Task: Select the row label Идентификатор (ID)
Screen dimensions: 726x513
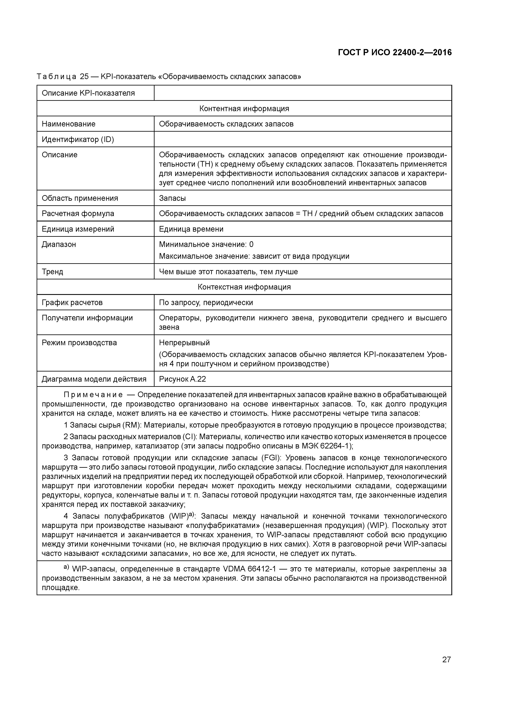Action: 78,139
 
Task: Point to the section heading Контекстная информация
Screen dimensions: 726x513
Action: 244,287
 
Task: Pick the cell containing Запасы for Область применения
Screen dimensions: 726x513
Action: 172,198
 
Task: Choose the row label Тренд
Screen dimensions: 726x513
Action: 53,272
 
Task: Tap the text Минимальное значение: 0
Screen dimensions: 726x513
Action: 206,244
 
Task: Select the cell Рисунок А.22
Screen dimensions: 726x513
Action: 182,379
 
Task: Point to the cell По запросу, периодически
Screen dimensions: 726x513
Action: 206,303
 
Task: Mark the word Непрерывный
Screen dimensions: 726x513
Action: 184,343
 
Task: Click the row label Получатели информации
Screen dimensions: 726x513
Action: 87,318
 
